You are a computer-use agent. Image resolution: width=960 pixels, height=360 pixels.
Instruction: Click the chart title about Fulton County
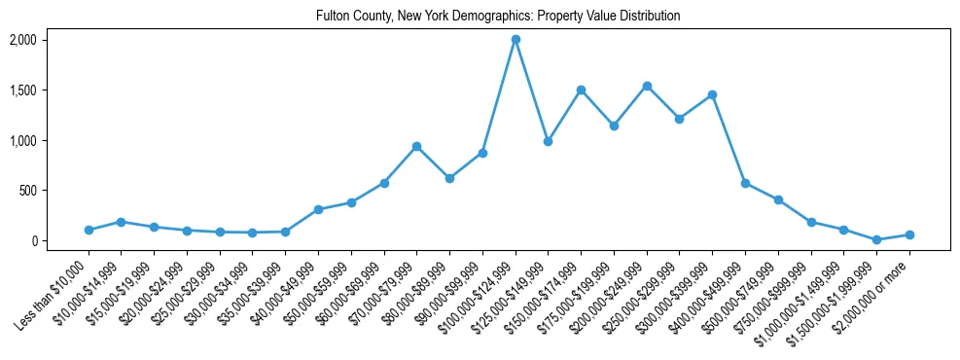point(497,17)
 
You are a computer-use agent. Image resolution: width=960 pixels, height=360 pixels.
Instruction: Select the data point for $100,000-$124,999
point(516,40)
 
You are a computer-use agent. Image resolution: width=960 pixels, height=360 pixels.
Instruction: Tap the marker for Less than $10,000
point(89,231)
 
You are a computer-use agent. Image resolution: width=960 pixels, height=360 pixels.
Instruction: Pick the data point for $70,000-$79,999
point(416,146)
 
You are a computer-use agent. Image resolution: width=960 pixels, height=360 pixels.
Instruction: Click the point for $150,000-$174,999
point(581,90)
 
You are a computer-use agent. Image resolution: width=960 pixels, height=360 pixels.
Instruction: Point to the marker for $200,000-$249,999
point(647,86)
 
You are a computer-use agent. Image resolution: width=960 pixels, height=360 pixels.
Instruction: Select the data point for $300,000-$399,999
point(712,94)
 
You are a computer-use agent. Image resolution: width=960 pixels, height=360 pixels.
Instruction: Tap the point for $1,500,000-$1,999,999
point(876,239)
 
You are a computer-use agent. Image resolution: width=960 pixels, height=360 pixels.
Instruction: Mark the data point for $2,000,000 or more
point(909,234)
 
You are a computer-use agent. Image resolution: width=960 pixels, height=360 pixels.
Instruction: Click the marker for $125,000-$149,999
point(548,141)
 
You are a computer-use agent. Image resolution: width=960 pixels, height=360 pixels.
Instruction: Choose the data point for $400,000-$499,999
point(745,183)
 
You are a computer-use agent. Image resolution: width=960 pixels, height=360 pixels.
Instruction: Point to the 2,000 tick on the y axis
point(22,40)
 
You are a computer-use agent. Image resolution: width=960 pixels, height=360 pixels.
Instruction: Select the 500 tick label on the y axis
point(27,191)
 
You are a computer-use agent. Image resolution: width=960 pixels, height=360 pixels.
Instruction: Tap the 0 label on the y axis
point(32,240)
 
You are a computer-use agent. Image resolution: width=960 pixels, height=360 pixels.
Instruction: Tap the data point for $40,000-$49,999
point(318,209)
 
